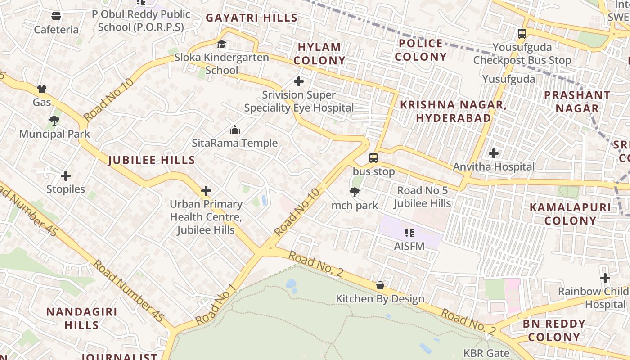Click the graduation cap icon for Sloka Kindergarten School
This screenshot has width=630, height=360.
pos(222,44)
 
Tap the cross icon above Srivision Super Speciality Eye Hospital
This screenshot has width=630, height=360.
pos(298,81)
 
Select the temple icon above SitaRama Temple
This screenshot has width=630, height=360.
pos(234,130)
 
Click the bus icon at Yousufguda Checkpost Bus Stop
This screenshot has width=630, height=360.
pos(522,34)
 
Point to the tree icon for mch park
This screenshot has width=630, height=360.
pos(355,193)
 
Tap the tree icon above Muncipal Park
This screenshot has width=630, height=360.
pos(54,121)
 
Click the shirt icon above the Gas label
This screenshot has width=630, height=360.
pos(42,89)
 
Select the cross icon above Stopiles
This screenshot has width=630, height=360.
pos(66,176)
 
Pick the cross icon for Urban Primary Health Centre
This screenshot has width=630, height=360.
pos(206,191)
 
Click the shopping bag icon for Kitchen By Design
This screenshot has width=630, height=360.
pos(380,285)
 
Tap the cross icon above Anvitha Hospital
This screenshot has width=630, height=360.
pos(494,153)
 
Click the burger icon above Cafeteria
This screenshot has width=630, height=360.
pos(56,17)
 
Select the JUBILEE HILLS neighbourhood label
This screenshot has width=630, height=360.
pos(152,160)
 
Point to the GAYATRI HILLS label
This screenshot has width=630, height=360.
pos(252,18)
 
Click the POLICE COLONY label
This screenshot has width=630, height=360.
pos(421,50)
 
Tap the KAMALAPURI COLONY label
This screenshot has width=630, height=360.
pos(570,214)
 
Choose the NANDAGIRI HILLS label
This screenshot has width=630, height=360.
pos(81,318)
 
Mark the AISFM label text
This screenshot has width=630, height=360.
pos(409,246)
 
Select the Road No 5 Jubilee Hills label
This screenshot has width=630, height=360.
pos(422,197)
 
